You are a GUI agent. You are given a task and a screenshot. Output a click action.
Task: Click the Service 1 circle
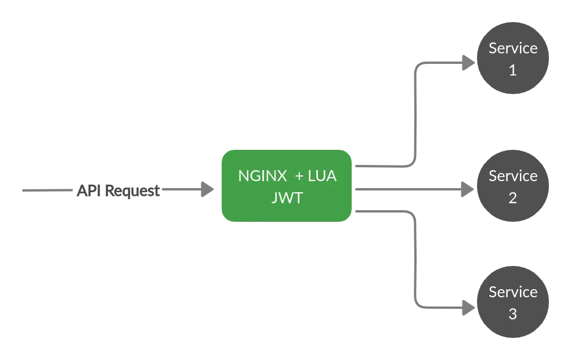512,59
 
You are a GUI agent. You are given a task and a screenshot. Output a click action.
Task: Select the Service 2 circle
512,186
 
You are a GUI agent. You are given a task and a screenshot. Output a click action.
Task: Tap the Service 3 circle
512,303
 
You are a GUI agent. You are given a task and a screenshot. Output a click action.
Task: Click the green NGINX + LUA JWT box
287,186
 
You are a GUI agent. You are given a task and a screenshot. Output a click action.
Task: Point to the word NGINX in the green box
262,176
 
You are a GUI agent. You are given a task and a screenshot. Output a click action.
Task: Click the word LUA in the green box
323,176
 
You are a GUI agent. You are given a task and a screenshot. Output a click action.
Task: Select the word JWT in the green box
287,197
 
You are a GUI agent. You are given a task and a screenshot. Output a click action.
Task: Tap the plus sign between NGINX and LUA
299,176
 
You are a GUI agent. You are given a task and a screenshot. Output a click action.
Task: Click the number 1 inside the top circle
512,70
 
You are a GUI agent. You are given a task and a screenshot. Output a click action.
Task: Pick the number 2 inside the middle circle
512,198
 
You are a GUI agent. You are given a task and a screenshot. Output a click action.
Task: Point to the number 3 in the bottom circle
512,314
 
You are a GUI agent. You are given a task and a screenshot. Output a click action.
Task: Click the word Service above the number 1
513,48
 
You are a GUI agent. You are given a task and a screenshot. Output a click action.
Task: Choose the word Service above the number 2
513,176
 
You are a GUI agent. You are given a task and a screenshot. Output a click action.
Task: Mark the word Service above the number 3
513,292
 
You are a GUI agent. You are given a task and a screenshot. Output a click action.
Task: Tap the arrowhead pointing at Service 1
466,63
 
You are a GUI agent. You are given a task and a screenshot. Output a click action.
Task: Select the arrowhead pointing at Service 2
466,188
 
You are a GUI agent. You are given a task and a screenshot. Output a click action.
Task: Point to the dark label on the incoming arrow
118,190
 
